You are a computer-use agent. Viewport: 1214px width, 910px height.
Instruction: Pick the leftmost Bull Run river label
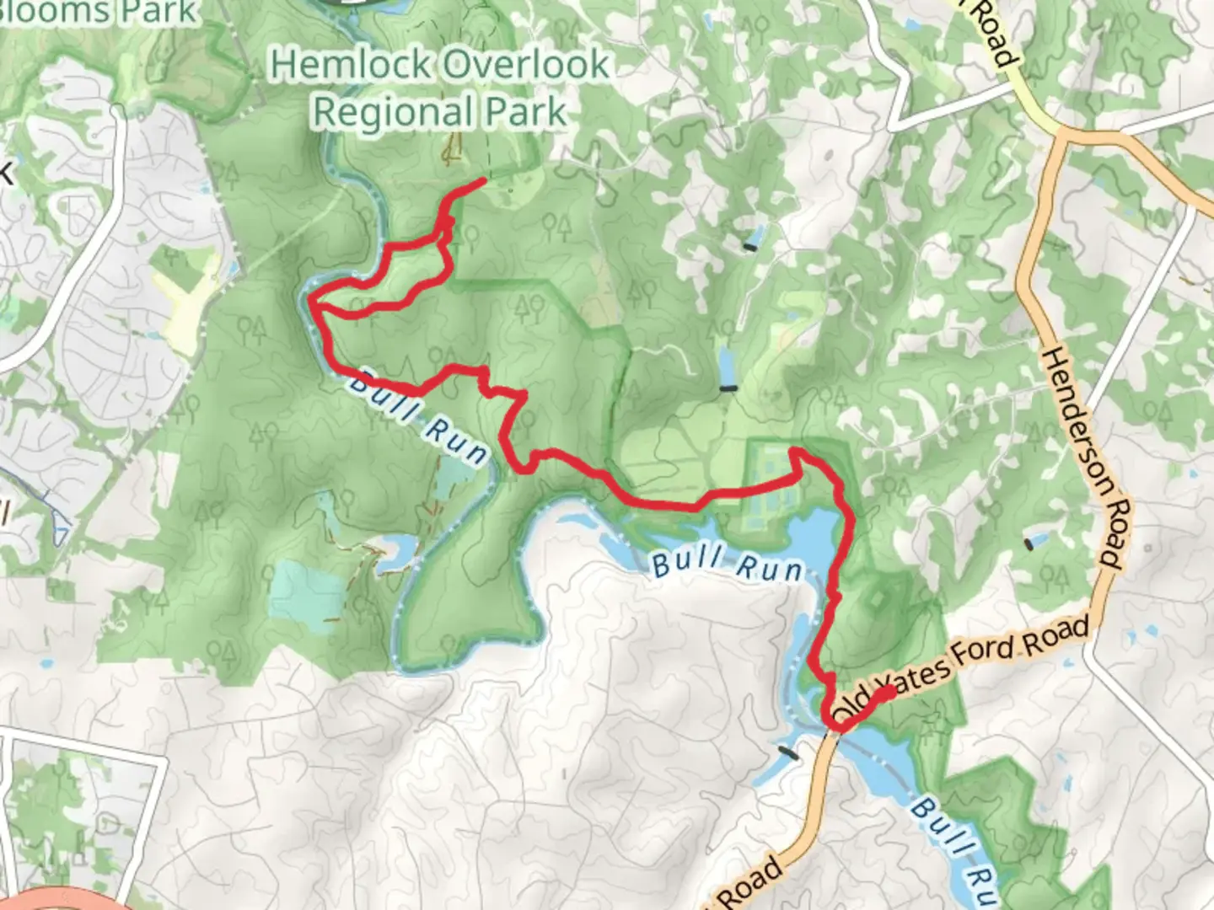418,418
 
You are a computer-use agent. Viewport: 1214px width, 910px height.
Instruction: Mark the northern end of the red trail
482,180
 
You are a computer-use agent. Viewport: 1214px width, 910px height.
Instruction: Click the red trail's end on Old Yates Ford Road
889,692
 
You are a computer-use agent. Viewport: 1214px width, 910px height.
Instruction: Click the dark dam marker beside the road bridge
789,752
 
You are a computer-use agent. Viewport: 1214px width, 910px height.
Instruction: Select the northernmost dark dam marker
750,246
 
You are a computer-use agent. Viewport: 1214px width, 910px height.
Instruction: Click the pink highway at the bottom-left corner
51,900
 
